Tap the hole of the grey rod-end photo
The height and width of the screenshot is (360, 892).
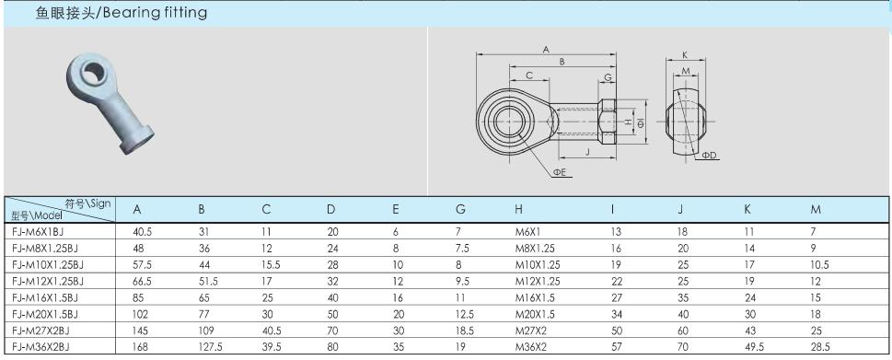click(93, 72)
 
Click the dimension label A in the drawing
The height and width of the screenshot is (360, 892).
click(546, 50)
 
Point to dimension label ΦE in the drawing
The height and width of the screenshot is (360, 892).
click(561, 172)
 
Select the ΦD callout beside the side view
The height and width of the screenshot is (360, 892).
click(709, 156)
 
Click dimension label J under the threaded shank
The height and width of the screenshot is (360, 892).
click(586, 152)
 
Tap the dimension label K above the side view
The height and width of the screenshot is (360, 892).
click(685, 55)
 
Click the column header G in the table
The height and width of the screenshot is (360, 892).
click(460, 209)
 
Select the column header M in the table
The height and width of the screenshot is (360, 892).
click(816, 209)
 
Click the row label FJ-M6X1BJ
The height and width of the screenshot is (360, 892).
click(34, 231)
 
